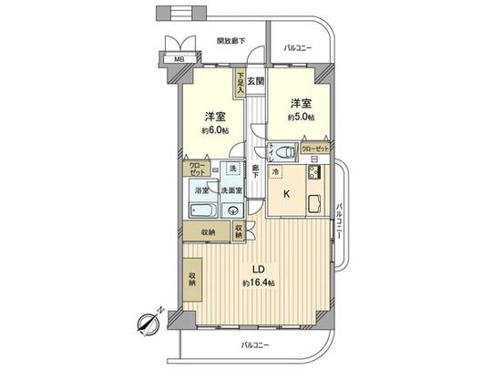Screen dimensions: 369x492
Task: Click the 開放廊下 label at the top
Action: point(235,41)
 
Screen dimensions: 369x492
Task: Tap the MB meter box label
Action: point(172,61)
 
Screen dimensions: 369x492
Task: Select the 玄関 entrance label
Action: point(256,81)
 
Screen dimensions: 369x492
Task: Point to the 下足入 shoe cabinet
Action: point(241,84)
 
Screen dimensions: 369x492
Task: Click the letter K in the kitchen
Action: point(286,193)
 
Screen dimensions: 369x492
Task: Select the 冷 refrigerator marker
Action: point(276,171)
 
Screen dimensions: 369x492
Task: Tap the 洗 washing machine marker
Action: point(232,169)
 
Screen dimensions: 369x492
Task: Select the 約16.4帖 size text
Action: point(259,284)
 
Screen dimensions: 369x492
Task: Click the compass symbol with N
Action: point(148,322)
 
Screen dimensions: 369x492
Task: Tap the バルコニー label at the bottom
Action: point(256,344)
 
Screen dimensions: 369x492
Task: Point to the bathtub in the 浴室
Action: point(201,210)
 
